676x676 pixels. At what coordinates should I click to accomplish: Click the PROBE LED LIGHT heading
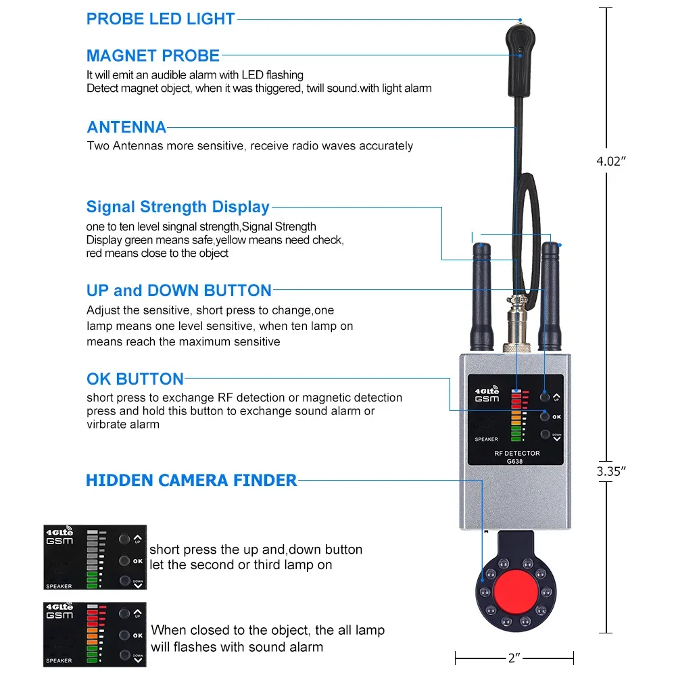[x=160, y=19]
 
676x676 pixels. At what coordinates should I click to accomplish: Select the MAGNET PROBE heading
[x=153, y=55]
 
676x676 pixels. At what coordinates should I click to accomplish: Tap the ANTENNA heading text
[x=126, y=127]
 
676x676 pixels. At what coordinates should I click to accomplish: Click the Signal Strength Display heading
[x=178, y=207]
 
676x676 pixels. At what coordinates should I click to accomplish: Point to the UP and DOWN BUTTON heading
[x=178, y=291]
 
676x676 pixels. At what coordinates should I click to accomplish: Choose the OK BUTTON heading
[x=135, y=379]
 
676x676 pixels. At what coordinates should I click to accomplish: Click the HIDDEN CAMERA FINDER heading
[x=191, y=481]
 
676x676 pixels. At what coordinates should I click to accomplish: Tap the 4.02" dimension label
[x=611, y=161]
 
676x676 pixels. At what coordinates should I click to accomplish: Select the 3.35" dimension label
[x=611, y=472]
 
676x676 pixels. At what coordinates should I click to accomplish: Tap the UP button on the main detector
[x=544, y=398]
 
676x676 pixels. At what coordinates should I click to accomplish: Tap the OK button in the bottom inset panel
[x=124, y=635]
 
